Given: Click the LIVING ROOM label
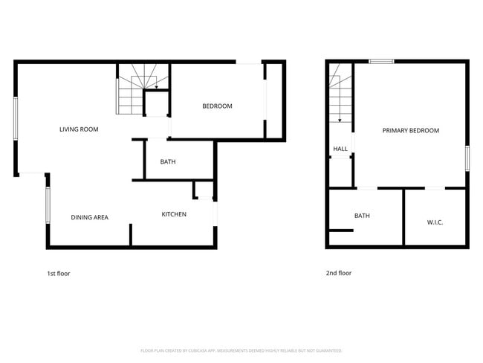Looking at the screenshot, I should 79,129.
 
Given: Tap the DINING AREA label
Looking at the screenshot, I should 90,217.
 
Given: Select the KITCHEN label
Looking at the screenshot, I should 174,214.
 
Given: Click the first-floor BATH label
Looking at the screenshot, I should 168,161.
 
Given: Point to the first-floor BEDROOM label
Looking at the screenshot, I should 217,106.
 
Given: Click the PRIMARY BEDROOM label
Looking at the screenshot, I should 410,130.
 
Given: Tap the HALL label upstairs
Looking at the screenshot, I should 340,149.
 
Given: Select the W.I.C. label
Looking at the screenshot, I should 435,222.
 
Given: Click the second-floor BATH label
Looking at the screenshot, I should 362,216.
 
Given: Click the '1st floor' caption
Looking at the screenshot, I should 59,273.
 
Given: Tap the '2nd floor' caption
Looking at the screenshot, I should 339,273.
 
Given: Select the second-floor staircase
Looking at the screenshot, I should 340,93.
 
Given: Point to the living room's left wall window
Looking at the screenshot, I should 16,118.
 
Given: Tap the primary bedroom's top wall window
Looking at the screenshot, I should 382,62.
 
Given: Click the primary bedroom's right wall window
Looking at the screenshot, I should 468,158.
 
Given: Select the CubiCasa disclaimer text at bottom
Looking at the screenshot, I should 241,350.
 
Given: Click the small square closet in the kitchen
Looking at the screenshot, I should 203,190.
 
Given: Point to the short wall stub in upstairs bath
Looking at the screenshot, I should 340,231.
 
